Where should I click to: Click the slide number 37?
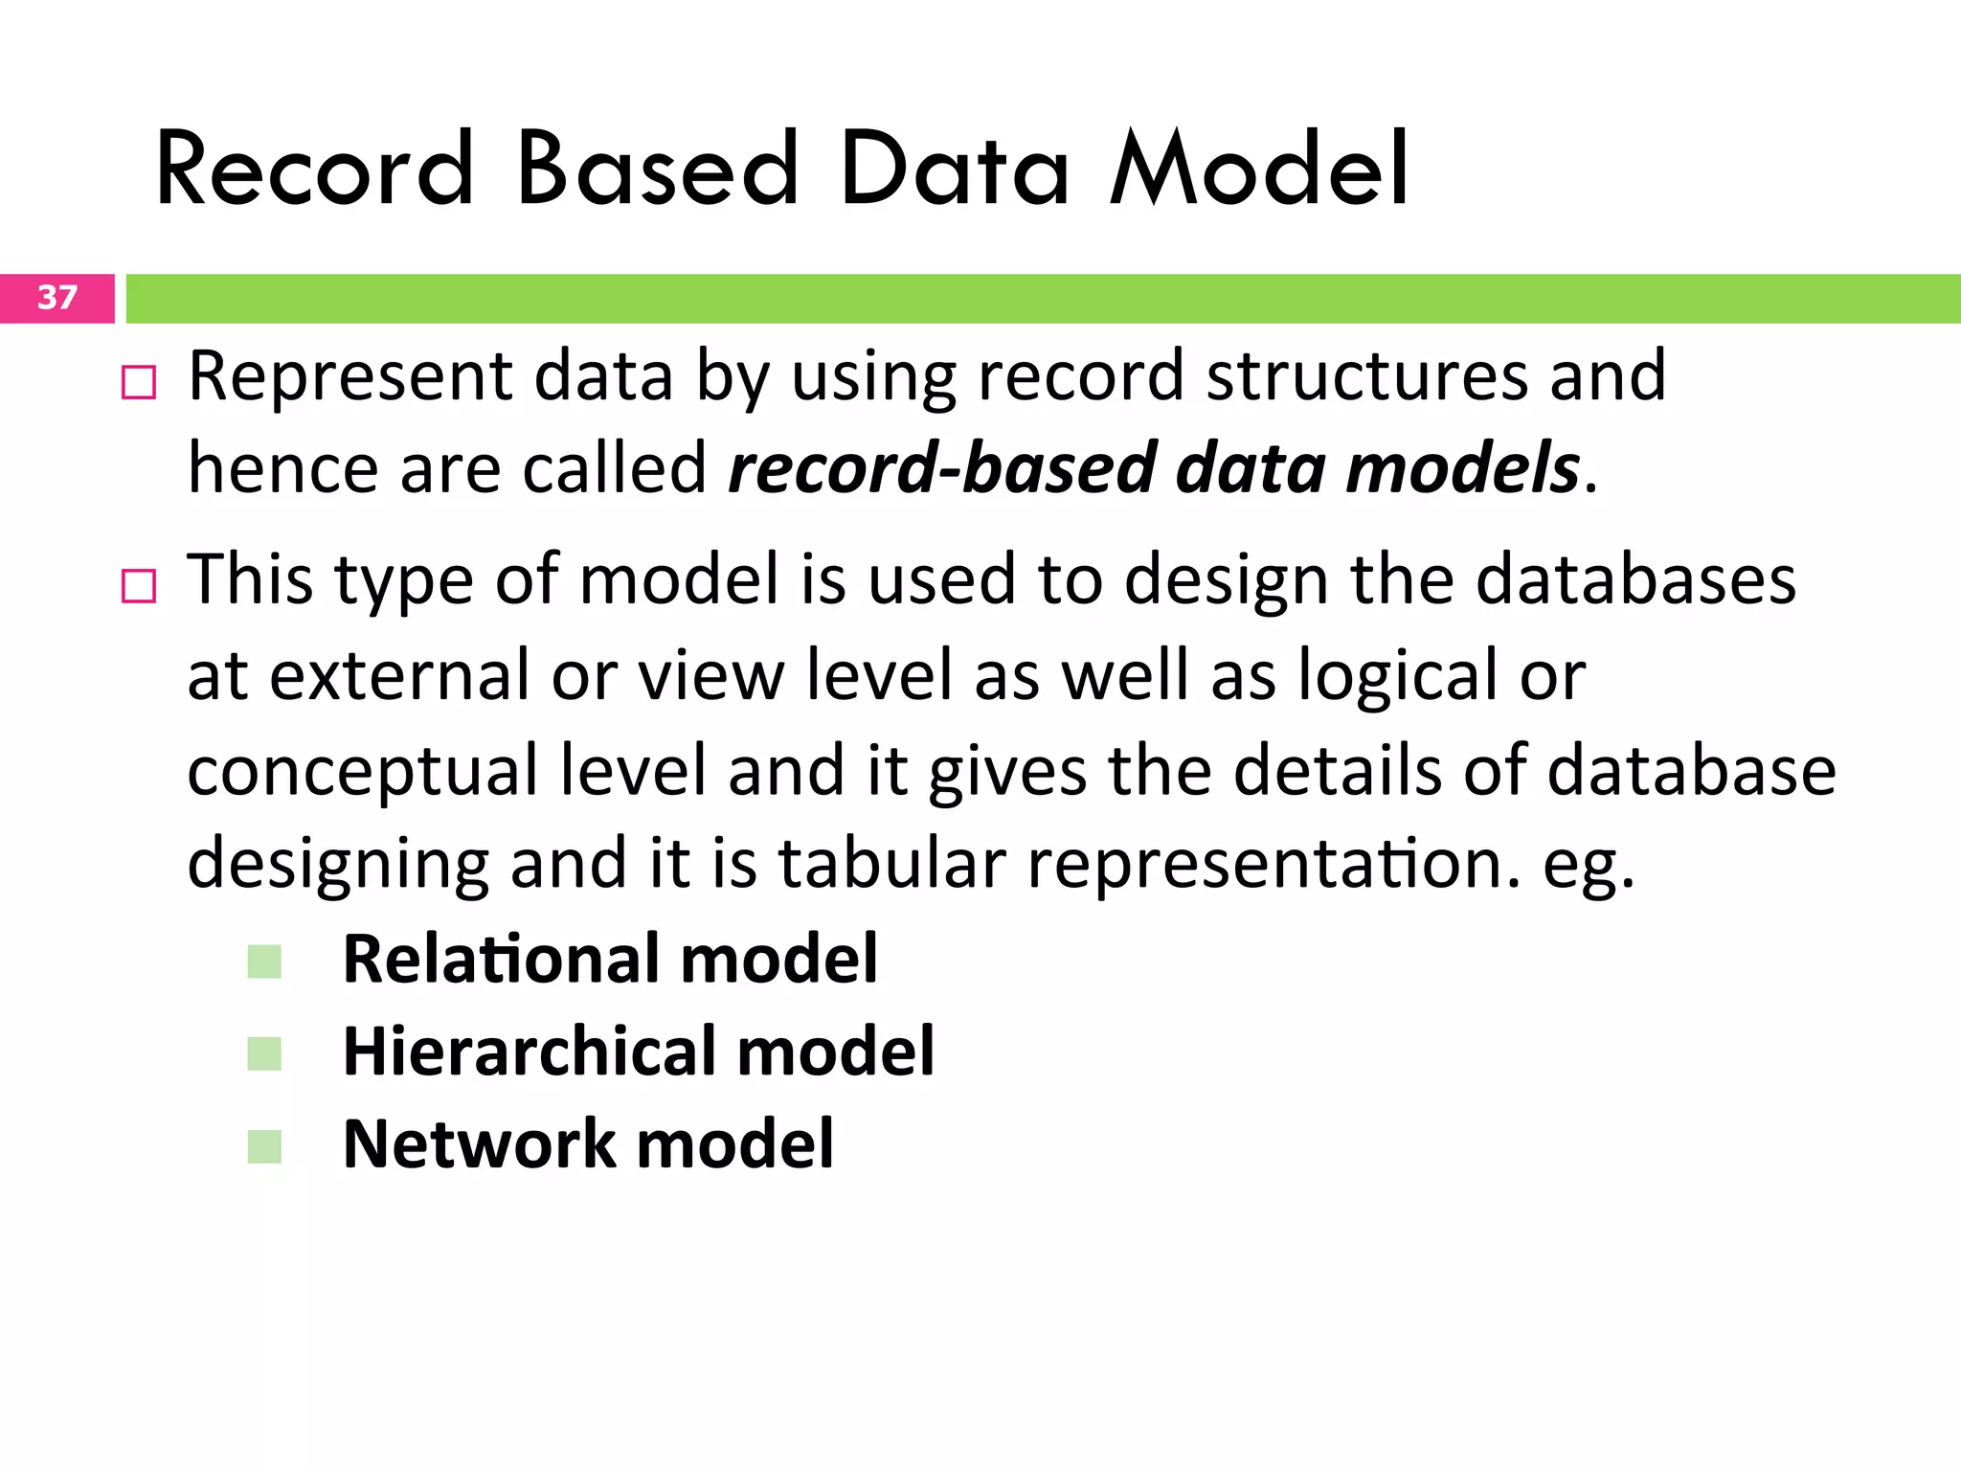[56, 298]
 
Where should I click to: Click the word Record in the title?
[315, 170]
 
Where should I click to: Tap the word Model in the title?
[1258, 170]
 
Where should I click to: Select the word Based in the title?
[657, 170]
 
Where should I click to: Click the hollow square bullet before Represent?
[139, 383]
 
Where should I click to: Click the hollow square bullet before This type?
[139, 585]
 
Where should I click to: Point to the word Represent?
[349, 377]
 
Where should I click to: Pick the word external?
[398, 676]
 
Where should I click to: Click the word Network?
[479, 1144]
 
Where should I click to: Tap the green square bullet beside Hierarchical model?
[264, 1053]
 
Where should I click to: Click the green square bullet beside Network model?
[264, 1146]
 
